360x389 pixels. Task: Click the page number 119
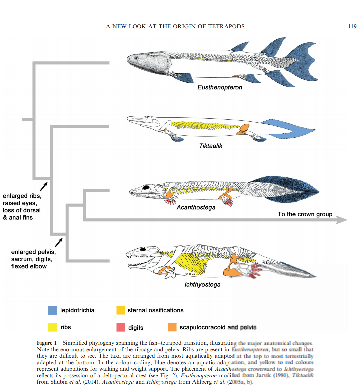(352, 27)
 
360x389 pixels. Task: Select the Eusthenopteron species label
(220, 87)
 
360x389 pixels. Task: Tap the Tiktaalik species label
(211, 146)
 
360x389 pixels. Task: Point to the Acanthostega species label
(196, 207)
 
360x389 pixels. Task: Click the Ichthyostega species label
(203, 284)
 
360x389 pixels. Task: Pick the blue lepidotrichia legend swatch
(53, 310)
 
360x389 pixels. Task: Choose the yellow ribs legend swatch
(53, 327)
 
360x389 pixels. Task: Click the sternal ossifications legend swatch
(121, 310)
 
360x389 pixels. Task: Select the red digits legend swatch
(121, 327)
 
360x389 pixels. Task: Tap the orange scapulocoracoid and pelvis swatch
(172, 327)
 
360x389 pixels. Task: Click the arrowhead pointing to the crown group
(341, 220)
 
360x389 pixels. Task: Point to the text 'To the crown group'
(305, 214)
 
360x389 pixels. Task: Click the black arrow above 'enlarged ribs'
(44, 187)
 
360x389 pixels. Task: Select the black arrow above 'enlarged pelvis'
(59, 242)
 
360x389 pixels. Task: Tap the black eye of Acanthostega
(146, 188)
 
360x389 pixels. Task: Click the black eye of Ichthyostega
(143, 249)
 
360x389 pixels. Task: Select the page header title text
(175, 27)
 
